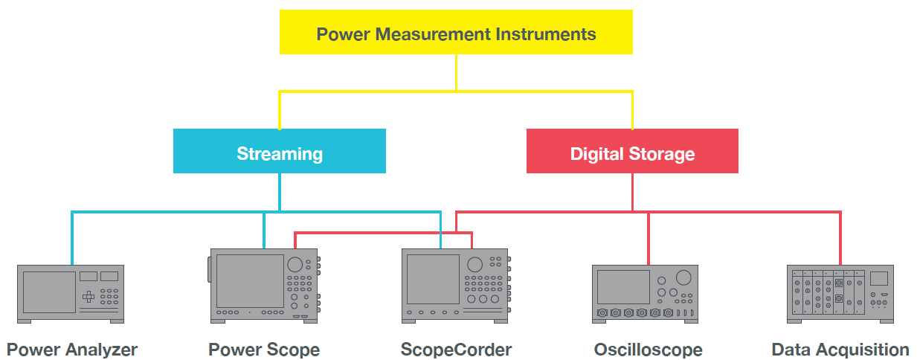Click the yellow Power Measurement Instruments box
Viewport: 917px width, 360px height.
click(455, 33)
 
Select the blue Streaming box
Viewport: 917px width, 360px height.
click(279, 151)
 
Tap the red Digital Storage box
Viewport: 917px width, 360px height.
click(632, 151)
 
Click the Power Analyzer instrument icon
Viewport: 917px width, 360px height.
click(71, 293)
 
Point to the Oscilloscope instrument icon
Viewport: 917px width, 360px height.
click(646, 293)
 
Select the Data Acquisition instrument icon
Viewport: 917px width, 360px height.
click(840, 293)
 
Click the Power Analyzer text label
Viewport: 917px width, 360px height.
click(72, 350)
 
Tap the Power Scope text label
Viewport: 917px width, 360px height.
click(264, 350)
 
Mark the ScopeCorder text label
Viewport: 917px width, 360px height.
click(456, 350)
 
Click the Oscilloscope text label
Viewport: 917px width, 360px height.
click(648, 350)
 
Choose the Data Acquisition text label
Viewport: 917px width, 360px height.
click(840, 350)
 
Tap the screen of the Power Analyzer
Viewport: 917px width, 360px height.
click(49, 292)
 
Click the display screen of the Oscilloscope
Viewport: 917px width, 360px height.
click(623, 286)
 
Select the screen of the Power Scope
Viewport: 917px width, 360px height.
click(250, 280)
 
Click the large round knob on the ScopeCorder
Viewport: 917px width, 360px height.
click(474, 265)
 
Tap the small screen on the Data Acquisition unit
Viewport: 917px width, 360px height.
click(878, 278)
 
